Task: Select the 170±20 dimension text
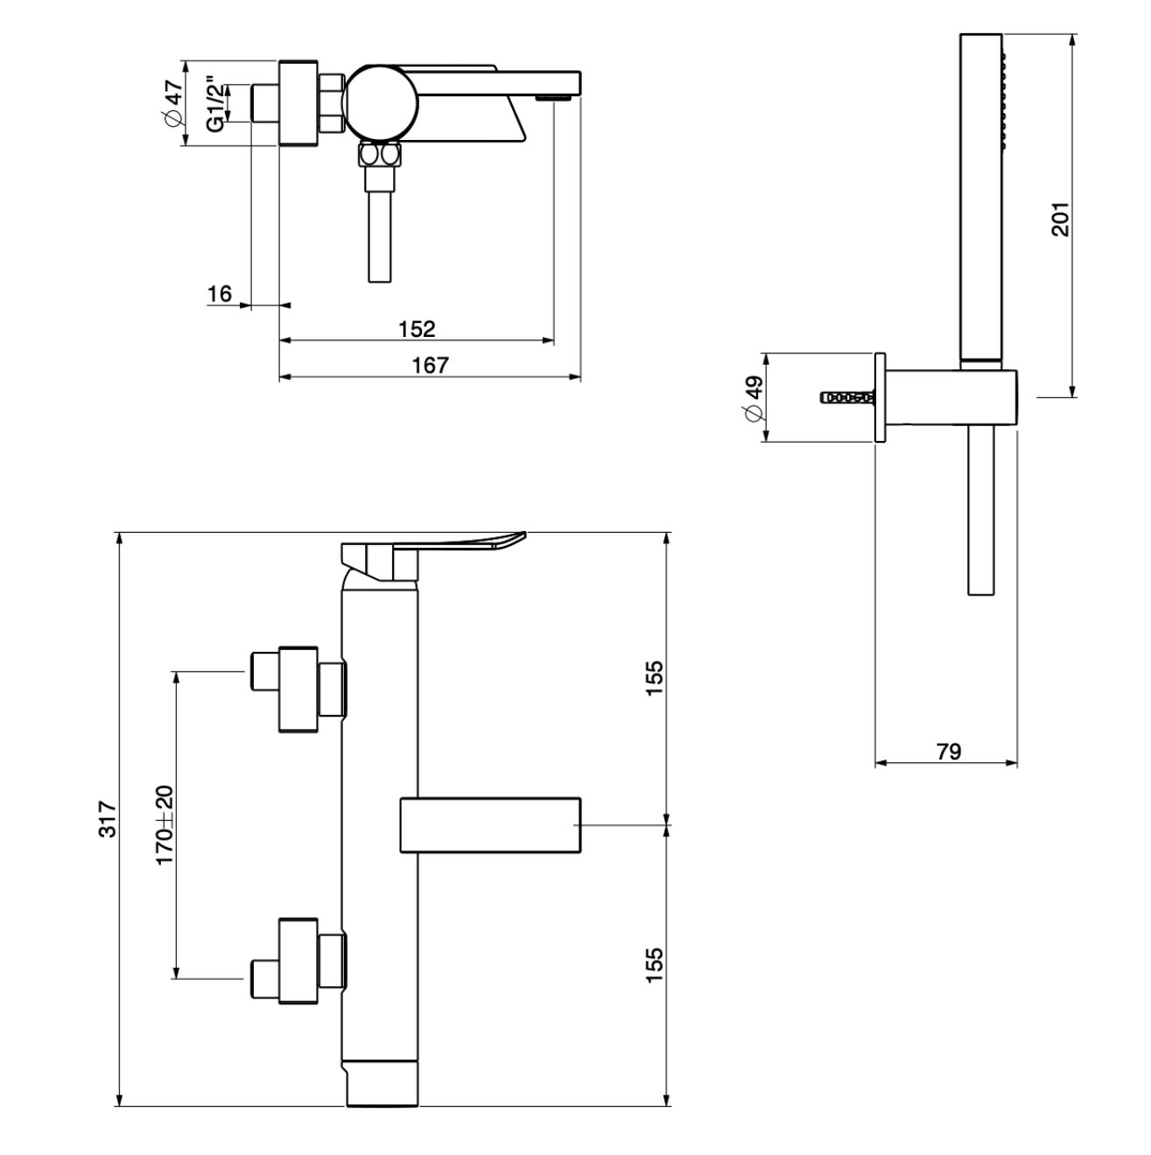165,825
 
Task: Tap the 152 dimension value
417,329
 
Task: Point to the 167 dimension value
430,365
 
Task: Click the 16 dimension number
219,294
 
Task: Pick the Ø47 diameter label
172,102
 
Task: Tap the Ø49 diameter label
754,399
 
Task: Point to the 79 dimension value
948,751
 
